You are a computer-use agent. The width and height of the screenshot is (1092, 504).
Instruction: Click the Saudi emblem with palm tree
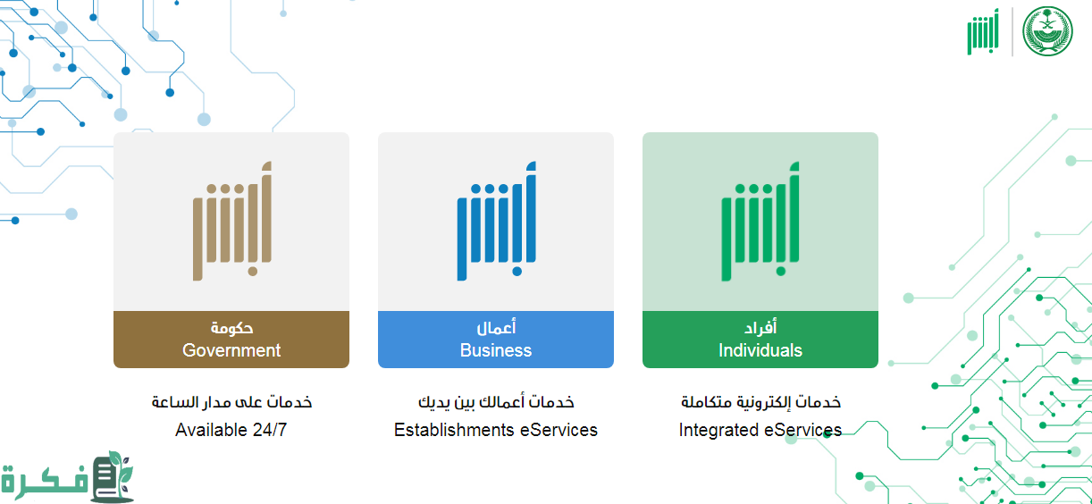(1047, 31)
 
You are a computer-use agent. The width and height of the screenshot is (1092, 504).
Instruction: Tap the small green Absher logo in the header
(983, 31)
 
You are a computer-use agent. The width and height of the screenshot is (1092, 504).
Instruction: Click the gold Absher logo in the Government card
(232, 221)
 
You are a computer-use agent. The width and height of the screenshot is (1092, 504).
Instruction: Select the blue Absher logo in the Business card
(496, 221)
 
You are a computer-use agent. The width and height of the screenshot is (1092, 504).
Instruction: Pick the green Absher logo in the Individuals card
(760, 221)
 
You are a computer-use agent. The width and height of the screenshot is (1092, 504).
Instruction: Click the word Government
(231, 350)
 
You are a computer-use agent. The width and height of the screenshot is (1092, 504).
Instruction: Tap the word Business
(496, 350)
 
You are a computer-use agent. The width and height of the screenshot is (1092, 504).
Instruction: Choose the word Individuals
(760, 350)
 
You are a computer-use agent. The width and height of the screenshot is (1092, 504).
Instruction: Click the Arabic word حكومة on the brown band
(231, 328)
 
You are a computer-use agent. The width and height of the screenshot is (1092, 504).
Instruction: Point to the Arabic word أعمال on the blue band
(496, 328)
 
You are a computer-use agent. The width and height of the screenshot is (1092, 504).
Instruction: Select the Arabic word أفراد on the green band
(760, 328)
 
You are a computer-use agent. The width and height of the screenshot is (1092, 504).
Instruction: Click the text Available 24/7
(231, 430)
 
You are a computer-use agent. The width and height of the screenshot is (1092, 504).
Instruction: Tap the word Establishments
(454, 430)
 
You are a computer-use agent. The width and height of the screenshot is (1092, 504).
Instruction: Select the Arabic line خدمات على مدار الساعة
(231, 402)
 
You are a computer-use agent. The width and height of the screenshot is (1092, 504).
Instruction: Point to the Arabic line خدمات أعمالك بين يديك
(496, 402)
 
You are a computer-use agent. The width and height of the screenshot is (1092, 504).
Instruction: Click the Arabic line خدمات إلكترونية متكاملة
(760, 402)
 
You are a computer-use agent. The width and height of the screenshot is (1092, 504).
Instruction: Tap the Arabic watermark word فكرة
(45, 481)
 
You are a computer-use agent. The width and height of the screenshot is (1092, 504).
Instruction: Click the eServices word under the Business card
(559, 430)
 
